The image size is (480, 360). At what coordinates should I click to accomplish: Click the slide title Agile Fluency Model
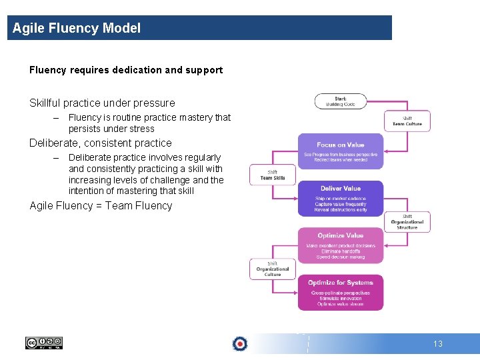77,28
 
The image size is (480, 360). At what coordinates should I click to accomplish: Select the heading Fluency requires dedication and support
126,70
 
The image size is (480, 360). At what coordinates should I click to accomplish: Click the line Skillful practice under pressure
102,103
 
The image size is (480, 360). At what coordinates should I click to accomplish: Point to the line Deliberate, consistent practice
101,143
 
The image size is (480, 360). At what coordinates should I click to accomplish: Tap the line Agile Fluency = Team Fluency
101,205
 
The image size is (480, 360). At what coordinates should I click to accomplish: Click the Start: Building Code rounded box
341,101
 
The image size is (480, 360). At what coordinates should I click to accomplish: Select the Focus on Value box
341,151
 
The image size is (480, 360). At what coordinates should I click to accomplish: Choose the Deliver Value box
341,198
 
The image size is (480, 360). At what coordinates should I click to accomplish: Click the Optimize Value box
341,245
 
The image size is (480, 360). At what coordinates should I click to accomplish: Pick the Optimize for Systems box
341,293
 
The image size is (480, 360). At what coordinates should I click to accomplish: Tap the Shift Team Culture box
407,121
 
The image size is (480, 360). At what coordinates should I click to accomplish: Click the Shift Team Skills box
273,175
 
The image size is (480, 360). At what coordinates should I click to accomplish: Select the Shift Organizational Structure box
407,222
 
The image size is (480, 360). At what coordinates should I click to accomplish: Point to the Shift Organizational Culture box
273,269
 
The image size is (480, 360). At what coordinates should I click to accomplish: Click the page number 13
438,344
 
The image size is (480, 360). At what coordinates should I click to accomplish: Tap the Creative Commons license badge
43,343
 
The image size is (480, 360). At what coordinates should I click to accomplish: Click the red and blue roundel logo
240,343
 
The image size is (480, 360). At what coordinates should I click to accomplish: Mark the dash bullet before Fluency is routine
57,117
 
